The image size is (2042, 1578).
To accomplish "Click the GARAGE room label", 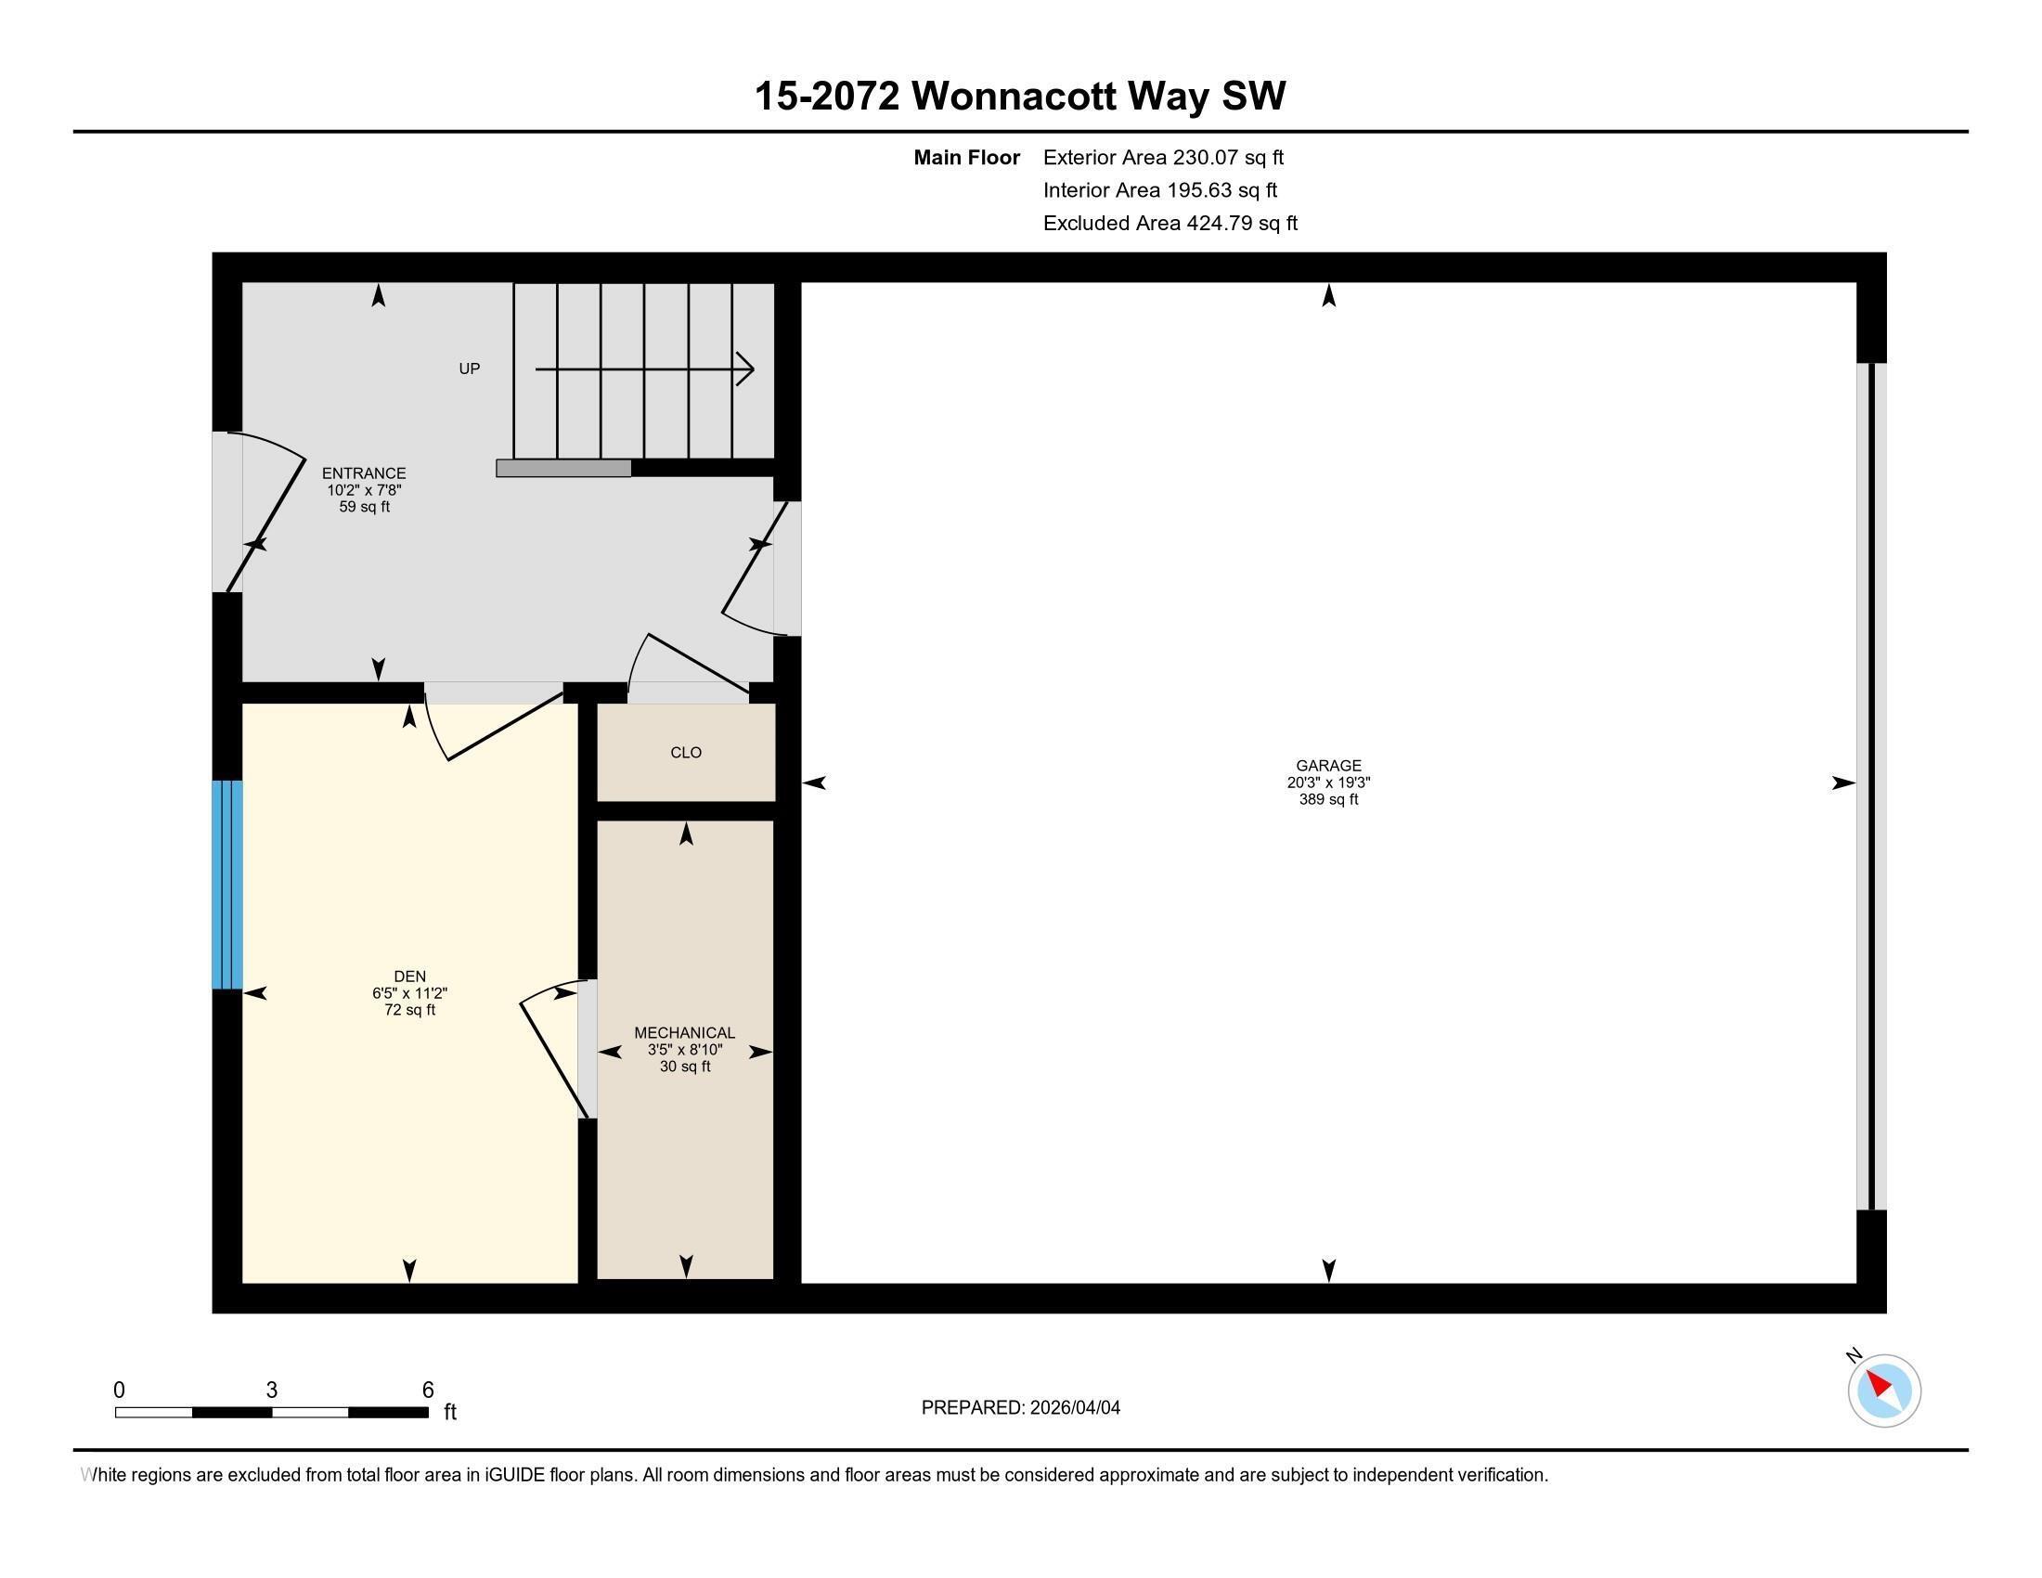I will click(x=1327, y=766).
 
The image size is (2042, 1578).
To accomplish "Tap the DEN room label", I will click(x=409, y=976).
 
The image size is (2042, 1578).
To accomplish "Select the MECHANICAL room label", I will click(x=684, y=1032).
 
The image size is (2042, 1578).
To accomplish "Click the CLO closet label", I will click(x=685, y=753).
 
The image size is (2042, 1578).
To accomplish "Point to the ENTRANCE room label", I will click(x=364, y=473).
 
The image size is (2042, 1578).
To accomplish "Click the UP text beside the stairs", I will click(x=470, y=369).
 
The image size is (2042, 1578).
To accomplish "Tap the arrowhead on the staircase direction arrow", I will click(x=746, y=369).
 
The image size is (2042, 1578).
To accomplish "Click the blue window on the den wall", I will click(x=227, y=885).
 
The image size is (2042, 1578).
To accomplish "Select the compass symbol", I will click(x=1883, y=1390).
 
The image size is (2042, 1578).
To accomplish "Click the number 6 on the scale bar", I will click(x=427, y=1390).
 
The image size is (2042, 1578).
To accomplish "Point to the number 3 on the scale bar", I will click(x=271, y=1390).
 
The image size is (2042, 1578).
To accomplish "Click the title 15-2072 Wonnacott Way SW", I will click(x=1020, y=96).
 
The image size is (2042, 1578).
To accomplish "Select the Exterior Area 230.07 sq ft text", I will click(x=1163, y=158).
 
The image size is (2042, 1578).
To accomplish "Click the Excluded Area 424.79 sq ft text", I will click(x=1170, y=224).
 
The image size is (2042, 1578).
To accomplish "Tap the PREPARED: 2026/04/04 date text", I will click(x=1020, y=1407).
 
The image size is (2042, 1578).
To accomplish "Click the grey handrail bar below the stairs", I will click(x=562, y=469).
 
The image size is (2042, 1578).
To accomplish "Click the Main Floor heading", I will click(x=966, y=158).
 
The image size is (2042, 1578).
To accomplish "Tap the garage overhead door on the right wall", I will click(x=1871, y=785).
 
